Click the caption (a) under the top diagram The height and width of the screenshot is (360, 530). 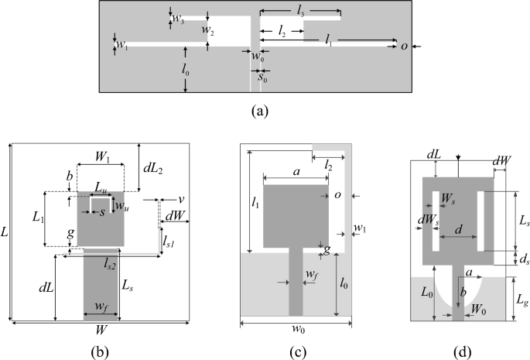click(260, 110)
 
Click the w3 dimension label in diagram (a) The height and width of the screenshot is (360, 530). click(178, 17)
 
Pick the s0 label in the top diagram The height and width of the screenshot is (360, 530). click(263, 77)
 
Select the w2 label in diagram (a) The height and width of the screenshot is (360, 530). click(207, 29)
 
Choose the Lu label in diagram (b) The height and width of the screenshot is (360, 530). click(101, 190)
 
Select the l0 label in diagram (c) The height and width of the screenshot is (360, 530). click(346, 283)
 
